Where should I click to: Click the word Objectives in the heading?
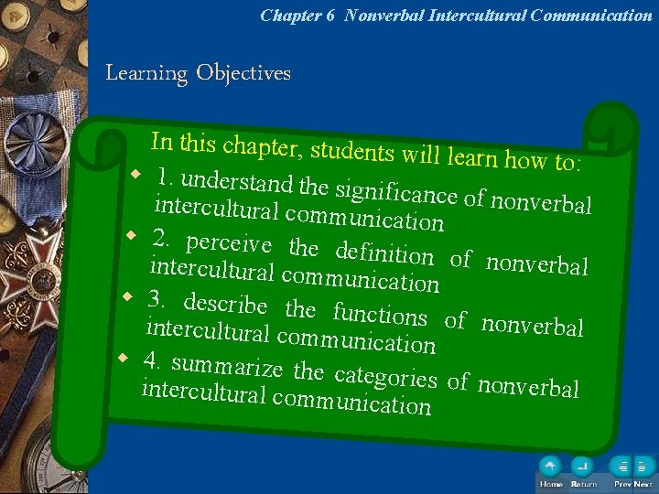coord(243,73)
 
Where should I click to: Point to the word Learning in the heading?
coord(146,73)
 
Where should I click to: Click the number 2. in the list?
coord(163,240)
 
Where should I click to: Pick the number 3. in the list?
coord(158,299)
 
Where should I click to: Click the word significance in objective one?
coord(396,193)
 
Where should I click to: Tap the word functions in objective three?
coord(380,314)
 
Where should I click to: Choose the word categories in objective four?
coord(385,376)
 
